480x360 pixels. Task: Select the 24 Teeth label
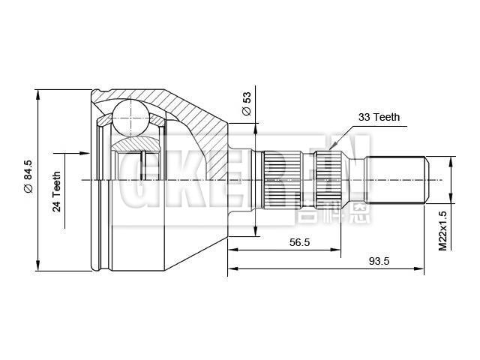pyautogui.click(x=57, y=191)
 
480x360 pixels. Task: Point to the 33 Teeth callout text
pyautogui.click(x=379, y=117)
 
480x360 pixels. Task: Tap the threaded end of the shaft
pyautogui.click(x=396, y=180)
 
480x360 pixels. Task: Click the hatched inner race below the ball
pyautogui.click(x=135, y=142)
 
